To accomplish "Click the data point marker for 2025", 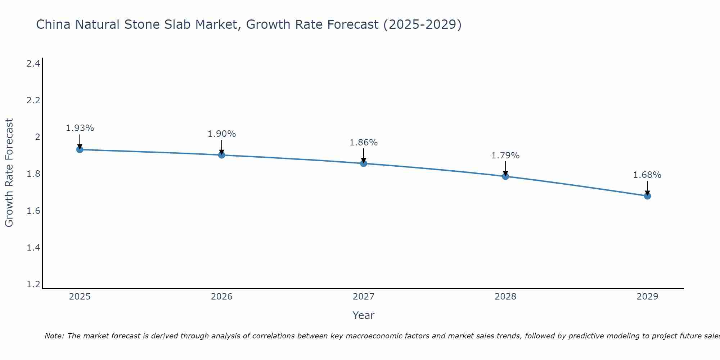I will (x=80, y=149).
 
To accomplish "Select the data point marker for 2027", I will (x=364, y=163).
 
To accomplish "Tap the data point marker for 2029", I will (x=647, y=196).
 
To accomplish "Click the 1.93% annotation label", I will (x=80, y=128).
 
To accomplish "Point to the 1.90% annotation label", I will (x=222, y=134).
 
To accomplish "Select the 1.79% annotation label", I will (x=505, y=155).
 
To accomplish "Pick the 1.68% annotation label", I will (x=647, y=175).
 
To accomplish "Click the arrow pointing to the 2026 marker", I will (x=222, y=147).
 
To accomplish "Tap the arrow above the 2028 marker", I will (x=505, y=168).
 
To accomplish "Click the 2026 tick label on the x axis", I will (x=222, y=297).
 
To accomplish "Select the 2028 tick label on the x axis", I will (x=505, y=297).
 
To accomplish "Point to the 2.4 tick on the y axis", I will (x=33, y=64).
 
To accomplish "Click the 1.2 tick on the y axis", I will (x=33, y=284).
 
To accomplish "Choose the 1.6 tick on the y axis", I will (x=33, y=211).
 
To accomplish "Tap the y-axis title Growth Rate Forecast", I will (x=9, y=173).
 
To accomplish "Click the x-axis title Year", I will (x=364, y=315).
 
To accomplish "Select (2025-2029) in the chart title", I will (x=422, y=24).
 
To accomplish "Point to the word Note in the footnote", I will (x=54, y=336).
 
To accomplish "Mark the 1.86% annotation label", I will (x=364, y=142).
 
